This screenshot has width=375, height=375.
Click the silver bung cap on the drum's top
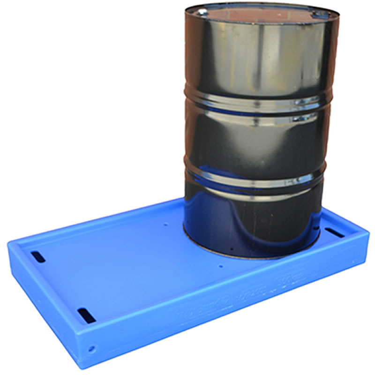point(202,11)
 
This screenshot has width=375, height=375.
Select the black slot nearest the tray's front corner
point(86,313)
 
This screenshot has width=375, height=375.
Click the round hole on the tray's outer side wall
point(91,349)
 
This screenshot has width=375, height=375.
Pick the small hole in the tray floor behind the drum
point(166,225)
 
